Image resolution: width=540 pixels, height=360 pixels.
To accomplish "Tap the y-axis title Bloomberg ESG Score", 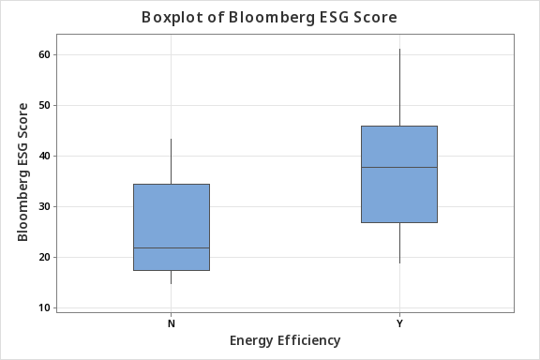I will click(x=23, y=172).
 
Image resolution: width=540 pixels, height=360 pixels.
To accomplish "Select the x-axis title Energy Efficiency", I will click(x=284, y=339).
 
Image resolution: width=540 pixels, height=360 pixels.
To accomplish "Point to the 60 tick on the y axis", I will click(x=43, y=54).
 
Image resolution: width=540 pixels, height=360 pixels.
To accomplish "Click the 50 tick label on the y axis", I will click(x=43, y=105).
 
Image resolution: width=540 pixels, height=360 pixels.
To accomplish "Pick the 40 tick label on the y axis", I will click(x=43, y=156).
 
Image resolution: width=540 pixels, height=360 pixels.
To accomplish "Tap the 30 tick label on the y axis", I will click(x=43, y=206).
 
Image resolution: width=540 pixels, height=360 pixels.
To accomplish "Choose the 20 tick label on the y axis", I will click(x=43, y=257).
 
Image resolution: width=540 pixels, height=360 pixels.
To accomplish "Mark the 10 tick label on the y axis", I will click(x=43, y=307).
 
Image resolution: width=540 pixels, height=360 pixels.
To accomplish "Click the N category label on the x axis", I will click(x=171, y=322).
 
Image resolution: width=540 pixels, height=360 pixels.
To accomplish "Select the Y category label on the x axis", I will click(x=399, y=322).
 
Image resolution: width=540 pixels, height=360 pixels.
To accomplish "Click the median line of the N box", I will click(x=171, y=248).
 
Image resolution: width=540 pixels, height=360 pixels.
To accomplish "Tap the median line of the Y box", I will click(x=399, y=167).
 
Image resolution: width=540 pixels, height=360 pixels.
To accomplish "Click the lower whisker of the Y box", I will click(x=399, y=243).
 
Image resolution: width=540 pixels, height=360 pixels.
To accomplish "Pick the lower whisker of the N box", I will click(x=171, y=277).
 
